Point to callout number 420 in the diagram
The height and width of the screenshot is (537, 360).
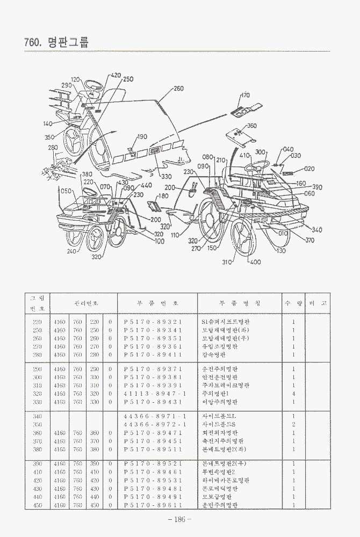tap(116, 76)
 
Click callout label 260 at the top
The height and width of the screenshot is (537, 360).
tap(178, 89)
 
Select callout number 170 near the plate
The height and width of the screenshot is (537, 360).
tap(244, 95)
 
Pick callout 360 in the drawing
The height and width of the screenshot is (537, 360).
tap(251, 126)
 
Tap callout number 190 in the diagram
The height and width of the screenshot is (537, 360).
tap(142, 137)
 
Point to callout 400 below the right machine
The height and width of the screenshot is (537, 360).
tap(255, 262)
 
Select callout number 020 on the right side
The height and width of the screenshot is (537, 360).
tap(309, 168)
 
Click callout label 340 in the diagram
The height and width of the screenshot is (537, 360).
tap(317, 230)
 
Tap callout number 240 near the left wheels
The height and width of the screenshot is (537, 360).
tap(72, 251)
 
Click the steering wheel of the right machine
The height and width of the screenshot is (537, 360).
tap(256, 165)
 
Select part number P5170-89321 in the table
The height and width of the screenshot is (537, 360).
tap(153, 322)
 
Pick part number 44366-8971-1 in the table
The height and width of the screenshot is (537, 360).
tap(154, 417)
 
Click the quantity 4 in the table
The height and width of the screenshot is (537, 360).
tap(293, 394)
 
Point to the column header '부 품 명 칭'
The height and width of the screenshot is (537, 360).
tap(233, 303)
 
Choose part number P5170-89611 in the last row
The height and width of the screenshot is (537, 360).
tap(153, 505)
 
